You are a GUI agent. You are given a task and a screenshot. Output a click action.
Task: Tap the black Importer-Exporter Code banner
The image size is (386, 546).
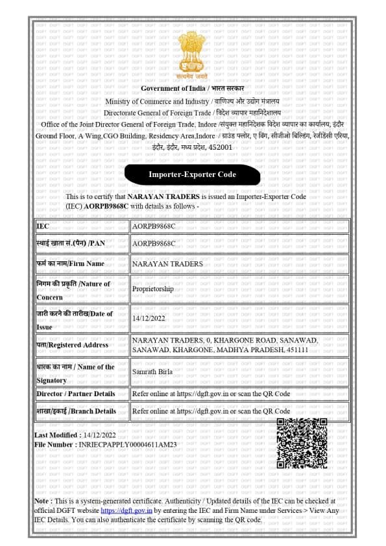(192, 174)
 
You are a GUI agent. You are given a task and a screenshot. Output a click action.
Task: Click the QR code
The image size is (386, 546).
(302, 444)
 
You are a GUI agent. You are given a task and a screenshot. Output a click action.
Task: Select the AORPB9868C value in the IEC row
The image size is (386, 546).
(154, 226)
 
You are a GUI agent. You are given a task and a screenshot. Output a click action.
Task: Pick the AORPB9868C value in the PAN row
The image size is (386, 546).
(154, 243)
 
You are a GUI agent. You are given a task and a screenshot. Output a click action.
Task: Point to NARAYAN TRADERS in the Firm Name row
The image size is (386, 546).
(167, 264)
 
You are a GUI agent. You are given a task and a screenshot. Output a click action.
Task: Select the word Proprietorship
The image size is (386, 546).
(152, 289)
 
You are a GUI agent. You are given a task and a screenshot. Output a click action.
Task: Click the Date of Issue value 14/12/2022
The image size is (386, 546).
(149, 318)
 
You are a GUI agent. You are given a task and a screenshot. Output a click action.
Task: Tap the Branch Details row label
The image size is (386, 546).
(76, 411)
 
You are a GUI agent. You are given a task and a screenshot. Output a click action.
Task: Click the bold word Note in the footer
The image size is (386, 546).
(42, 501)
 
